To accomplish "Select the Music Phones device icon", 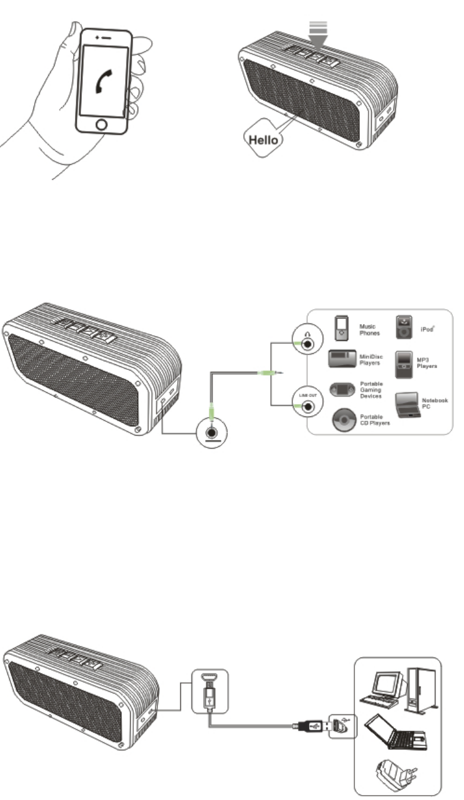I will [x=340, y=328].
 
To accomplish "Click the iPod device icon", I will [x=403, y=328].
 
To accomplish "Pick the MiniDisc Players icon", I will [x=341, y=360].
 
